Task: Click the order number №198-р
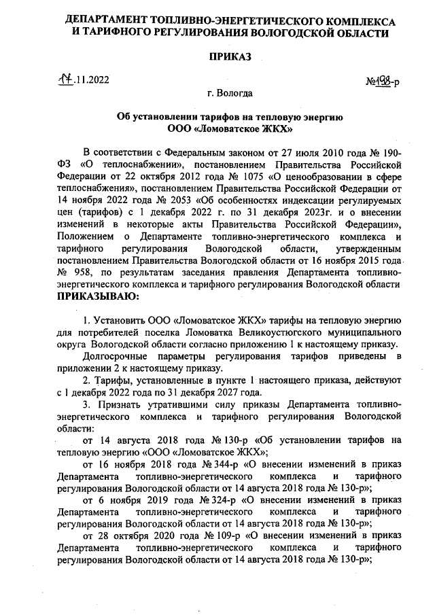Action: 383,82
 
